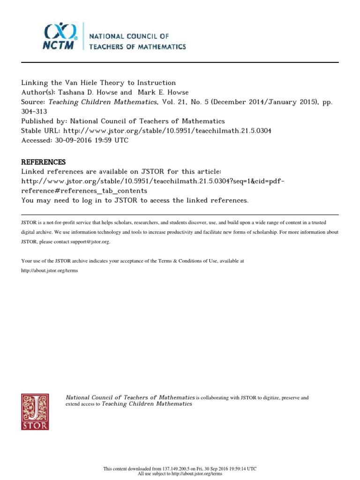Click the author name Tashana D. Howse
[88, 93]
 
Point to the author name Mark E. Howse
[162, 93]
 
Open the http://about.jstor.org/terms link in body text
[50, 271]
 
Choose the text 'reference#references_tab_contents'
[84, 191]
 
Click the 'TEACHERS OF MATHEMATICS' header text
[135, 46]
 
